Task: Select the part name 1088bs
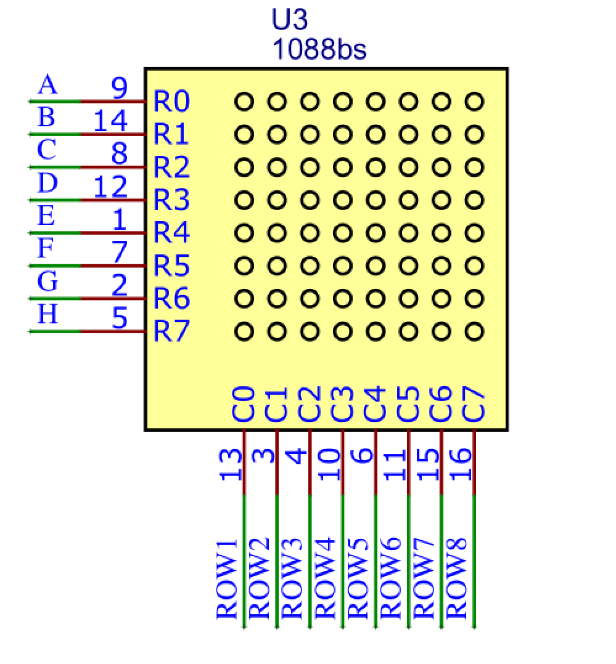(319, 49)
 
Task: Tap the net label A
(47, 86)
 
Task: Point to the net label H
(47, 315)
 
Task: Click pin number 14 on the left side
(110, 121)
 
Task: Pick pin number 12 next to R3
(110, 187)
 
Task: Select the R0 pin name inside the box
(171, 102)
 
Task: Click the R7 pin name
(171, 331)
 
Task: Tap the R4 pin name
(171, 233)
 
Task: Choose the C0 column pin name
(243, 403)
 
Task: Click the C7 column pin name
(474, 403)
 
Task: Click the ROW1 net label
(227, 579)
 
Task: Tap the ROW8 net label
(457, 579)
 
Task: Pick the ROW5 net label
(358, 579)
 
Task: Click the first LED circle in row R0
(244, 101)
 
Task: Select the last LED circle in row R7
(474, 331)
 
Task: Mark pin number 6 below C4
(364, 456)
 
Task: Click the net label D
(47, 183)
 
